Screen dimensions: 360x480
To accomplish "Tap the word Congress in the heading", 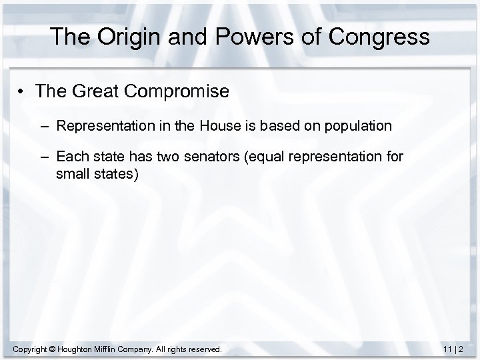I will tap(377, 37).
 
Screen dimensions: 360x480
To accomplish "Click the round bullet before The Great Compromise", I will tap(22, 91).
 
